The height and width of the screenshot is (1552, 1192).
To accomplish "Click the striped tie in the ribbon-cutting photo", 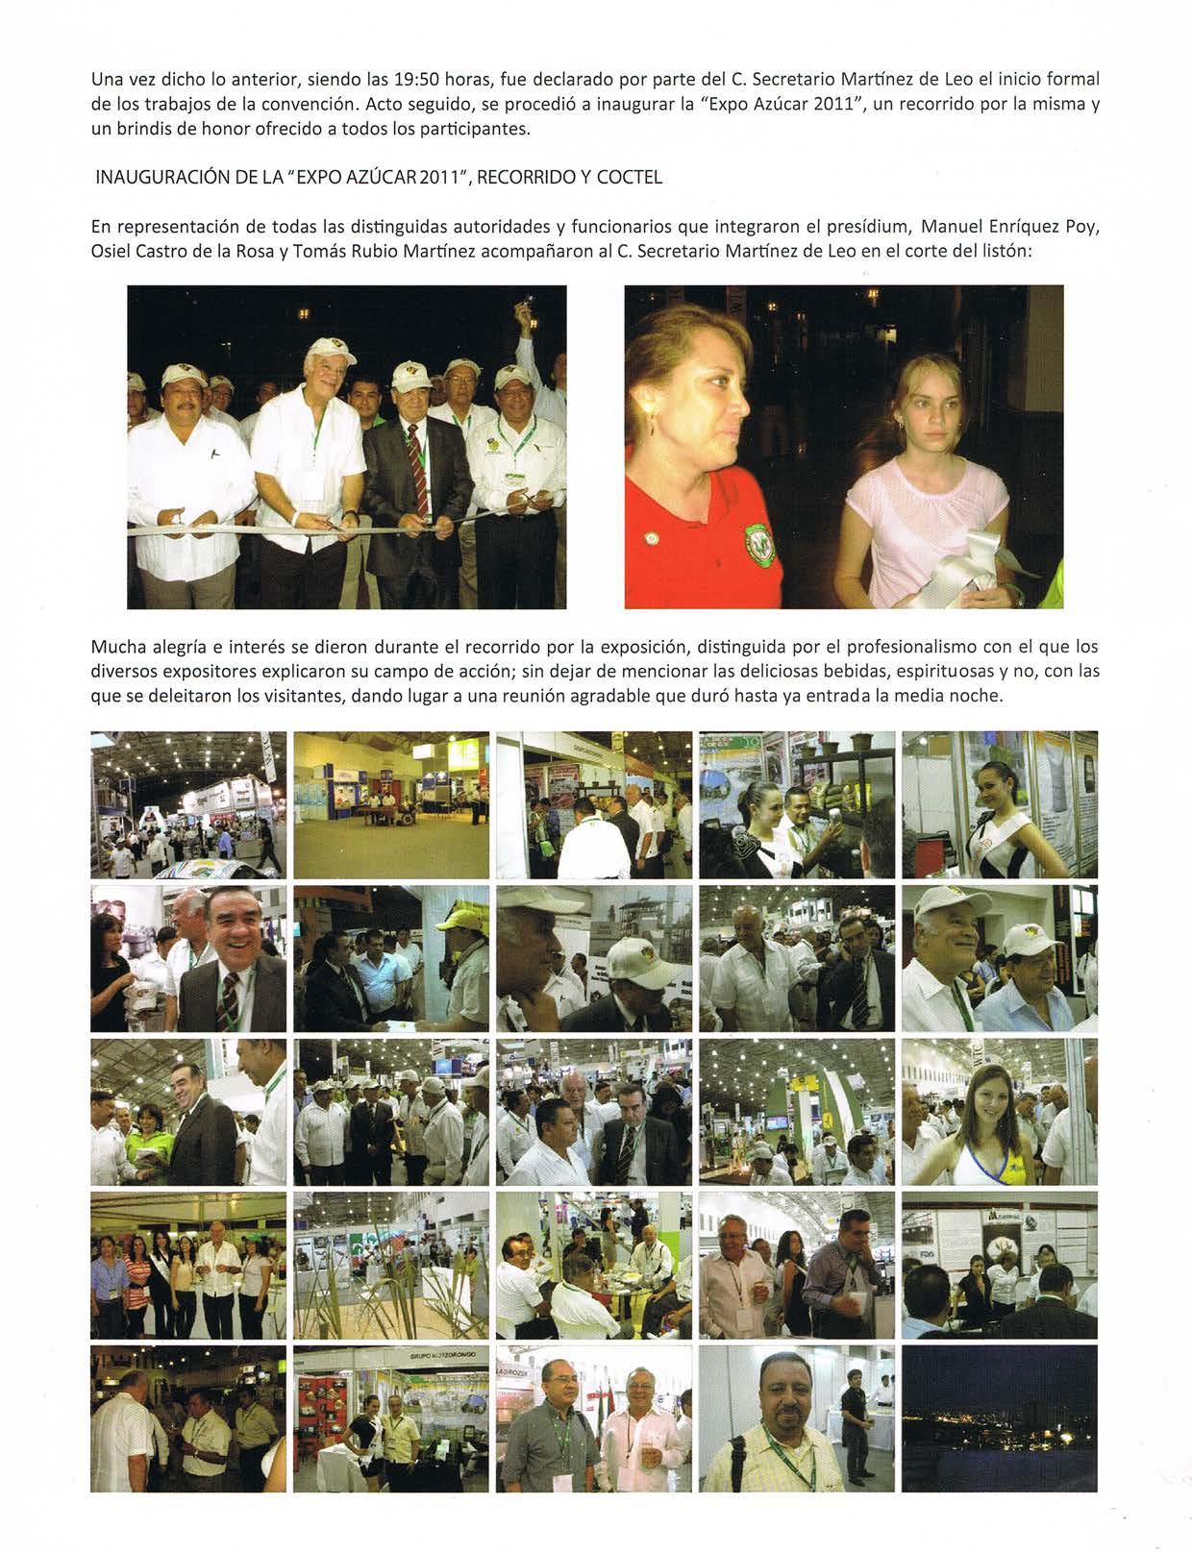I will tap(415, 463).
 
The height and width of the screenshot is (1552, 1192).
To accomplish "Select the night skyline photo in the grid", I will tap(999, 1417).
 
